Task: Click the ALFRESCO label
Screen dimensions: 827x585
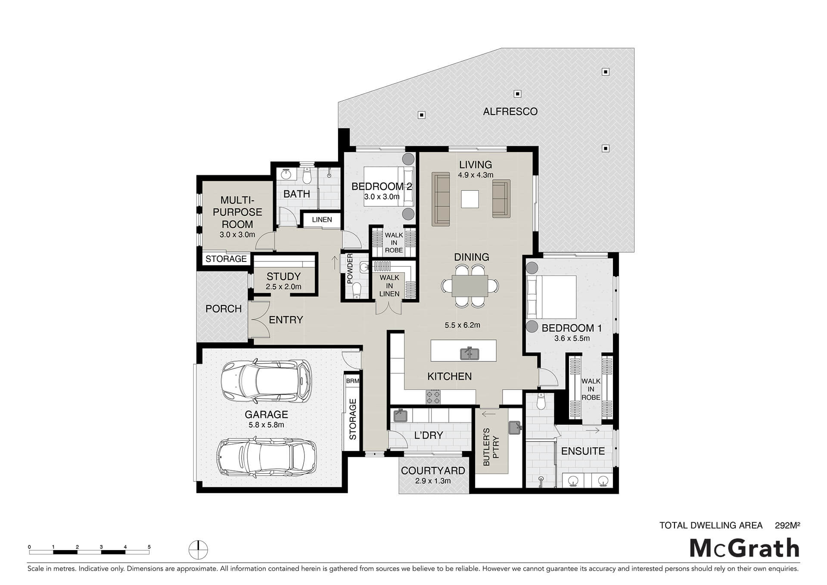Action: pyautogui.click(x=510, y=112)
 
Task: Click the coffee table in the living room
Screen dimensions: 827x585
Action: pyautogui.click(x=470, y=199)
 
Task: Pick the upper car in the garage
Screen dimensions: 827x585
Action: pyautogui.click(x=266, y=381)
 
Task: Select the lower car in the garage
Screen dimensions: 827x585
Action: pyautogui.click(x=266, y=457)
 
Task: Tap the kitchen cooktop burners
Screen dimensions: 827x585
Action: pyautogui.click(x=433, y=397)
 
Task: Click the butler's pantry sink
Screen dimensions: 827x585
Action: pyautogui.click(x=515, y=427)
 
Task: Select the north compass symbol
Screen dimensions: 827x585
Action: pyautogui.click(x=198, y=550)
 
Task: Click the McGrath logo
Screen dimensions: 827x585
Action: pyautogui.click(x=745, y=548)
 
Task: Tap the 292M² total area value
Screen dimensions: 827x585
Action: pyautogui.click(x=787, y=525)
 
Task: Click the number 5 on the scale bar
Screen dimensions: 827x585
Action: pyautogui.click(x=149, y=547)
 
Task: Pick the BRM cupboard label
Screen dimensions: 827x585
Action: pyautogui.click(x=352, y=381)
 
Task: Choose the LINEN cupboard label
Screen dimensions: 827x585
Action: pyautogui.click(x=322, y=220)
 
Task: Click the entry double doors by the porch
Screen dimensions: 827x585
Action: pyautogui.click(x=258, y=319)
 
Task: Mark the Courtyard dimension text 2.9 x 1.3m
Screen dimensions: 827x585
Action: pyautogui.click(x=433, y=481)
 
